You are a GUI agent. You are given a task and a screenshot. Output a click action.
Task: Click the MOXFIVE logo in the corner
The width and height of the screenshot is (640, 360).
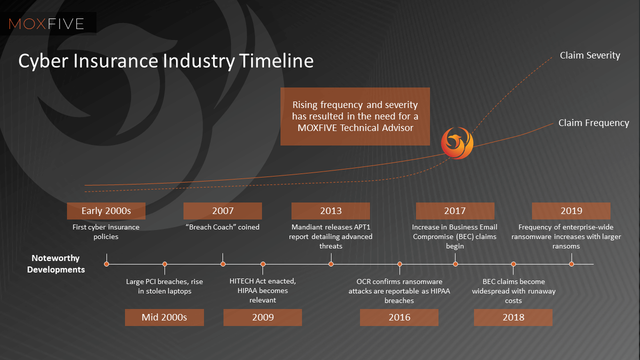[46, 23]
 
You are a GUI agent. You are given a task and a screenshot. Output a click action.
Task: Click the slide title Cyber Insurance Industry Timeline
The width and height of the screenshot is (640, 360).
[166, 60]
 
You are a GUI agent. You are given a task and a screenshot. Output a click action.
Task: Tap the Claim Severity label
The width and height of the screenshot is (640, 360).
[589, 55]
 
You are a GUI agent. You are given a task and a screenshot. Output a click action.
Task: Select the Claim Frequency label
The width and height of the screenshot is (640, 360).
[593, 123]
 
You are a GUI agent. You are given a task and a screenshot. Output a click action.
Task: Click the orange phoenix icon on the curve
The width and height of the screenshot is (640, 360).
[456, 143]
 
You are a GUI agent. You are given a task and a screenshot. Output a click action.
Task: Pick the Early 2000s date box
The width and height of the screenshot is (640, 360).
[106, 211]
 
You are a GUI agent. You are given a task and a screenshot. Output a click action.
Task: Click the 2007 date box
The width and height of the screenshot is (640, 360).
[222, 211]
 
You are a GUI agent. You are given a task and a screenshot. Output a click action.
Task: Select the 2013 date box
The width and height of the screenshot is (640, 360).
[330, 211]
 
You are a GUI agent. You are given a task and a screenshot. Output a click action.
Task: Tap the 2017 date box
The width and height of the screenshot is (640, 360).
[454, 211]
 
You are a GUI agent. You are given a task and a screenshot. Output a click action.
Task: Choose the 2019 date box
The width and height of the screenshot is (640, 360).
[571, 211]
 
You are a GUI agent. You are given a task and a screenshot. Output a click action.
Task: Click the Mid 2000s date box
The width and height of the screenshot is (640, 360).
[164, 317]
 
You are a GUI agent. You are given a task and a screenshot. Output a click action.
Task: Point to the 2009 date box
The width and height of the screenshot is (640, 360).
[262, 317]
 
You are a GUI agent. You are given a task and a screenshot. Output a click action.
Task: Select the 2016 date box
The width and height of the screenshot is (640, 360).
[399, 317]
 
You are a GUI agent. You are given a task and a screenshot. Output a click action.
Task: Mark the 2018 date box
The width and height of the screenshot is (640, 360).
[513, 317]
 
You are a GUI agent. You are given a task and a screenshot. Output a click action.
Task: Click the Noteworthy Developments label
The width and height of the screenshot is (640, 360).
[56, 264]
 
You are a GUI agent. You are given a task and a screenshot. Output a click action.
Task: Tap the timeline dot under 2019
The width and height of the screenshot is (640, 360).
[571, 264]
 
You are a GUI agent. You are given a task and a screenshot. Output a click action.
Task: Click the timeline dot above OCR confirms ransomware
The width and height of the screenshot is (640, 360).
[399, 264]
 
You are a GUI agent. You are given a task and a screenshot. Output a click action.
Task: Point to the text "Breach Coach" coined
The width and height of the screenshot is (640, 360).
[222, 227]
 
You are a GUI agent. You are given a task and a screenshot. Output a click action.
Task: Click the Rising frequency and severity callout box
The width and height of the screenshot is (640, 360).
[355, 116]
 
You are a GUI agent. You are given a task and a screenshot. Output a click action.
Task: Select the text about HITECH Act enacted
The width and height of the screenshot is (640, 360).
[262, 290]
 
